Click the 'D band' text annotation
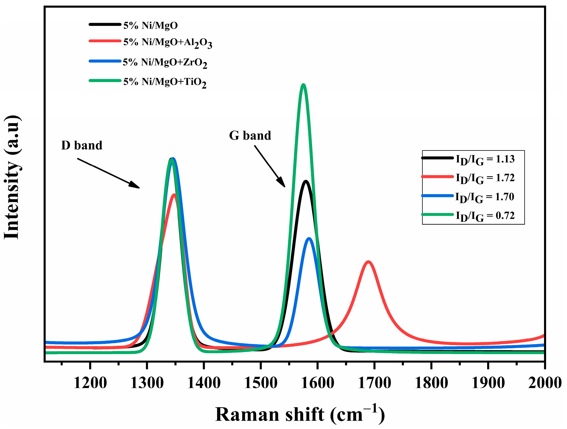click(82, 146)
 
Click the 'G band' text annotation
click(250, 136)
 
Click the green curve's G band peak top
click(304, 85)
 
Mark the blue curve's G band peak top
click(309, 239)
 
